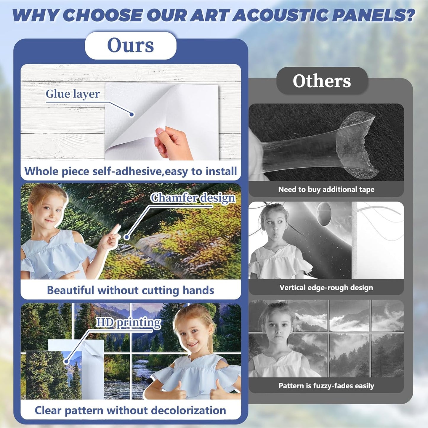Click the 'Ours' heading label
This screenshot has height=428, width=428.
[130, 45]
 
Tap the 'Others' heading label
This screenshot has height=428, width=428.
[322, 81]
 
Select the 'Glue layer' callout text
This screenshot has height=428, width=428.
[73, 94]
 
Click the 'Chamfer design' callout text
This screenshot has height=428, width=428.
[193, 198]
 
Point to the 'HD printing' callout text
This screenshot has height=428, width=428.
[129, 323]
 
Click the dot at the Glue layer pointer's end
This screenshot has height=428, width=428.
[132, 114]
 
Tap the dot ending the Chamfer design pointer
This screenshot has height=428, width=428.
[126, 237]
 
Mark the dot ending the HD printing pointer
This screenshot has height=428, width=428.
[66, 361]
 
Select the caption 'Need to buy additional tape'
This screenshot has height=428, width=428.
[326, 190]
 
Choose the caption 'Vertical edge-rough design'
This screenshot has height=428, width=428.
[326, 288]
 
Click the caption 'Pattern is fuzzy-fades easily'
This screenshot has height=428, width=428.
[326, 386]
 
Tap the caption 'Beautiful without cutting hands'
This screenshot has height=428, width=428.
[130, 290]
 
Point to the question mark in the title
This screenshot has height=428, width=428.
[410, 15]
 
